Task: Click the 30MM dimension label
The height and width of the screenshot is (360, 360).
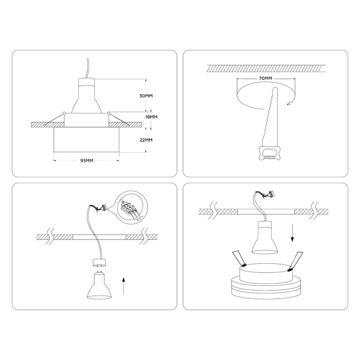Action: coord(146,96)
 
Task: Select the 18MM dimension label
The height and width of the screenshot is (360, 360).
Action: coord(151,117)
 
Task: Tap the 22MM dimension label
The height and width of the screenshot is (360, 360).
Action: coord(146,140)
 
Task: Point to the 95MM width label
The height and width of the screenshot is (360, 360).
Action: coord(87,160)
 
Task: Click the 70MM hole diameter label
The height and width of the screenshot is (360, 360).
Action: coord(265,78)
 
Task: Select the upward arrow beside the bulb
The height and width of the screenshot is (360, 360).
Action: coord(123,285)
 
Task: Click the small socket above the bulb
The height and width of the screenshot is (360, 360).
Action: coord(99,263)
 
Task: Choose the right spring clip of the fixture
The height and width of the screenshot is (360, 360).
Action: coord(296,260)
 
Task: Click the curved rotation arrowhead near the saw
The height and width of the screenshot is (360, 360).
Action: coord(290,103)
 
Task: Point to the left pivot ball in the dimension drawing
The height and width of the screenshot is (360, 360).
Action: coord(64,113)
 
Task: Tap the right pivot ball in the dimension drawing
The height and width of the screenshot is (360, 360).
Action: coord(109,113)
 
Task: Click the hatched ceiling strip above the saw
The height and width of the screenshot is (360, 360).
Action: coord(266,68)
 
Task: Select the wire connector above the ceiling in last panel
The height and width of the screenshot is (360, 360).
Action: coord(272,194)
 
